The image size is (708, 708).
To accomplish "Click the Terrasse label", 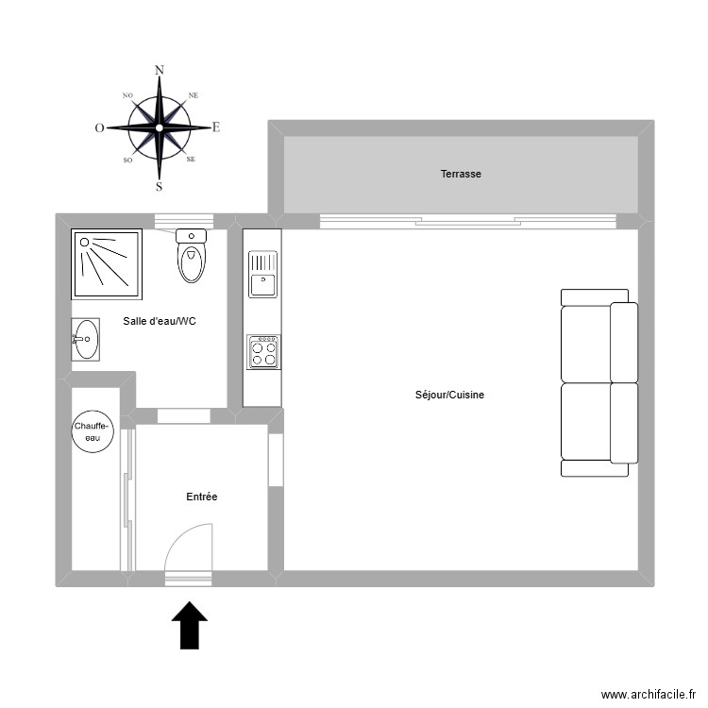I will [x=461, y=174].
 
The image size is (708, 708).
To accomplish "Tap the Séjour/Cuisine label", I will [x=449, y=395].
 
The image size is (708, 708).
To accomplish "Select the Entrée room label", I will [x=202, y=497].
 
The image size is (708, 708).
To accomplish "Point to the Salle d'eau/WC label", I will [x=160, y=321].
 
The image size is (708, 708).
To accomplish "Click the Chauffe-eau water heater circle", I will [x=93, y=432].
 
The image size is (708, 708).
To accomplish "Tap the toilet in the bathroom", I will [x=192, y=255].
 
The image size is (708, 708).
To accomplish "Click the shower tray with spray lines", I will [x=107, y=261].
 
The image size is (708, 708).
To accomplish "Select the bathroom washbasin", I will [x=85, y=339].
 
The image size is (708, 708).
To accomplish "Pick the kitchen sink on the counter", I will [x=262, y=273].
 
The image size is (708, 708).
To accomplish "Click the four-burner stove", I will [x=263, y=352].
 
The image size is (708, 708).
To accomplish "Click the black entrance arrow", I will [x=190, y=625].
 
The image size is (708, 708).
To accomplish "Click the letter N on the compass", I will [x=160, y=70].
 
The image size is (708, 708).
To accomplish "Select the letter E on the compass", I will [x=216, y=127].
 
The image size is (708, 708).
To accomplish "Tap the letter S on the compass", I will [x=159, y=186].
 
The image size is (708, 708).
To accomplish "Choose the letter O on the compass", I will [x=99, y=128].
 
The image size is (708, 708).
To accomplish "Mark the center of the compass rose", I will [x=160, y=127].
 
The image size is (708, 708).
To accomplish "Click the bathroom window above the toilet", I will [x=184, y=222].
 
